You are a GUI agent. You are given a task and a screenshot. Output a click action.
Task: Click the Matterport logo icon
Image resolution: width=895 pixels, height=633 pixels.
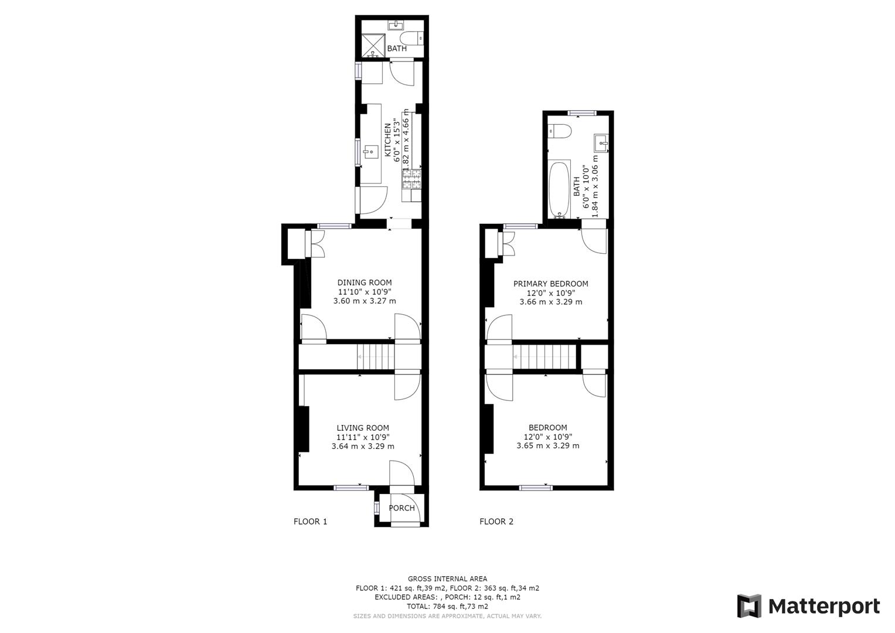coord(748,606)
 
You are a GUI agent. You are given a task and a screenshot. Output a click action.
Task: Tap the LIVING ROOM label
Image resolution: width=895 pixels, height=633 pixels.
coord(362,428)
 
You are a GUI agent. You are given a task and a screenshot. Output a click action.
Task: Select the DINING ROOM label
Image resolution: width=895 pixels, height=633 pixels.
coord(364,283)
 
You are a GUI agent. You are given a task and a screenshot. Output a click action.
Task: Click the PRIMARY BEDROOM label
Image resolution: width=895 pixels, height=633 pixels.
coord(550,284)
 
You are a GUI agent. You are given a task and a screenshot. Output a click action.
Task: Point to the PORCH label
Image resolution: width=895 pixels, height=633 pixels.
coord(401,508)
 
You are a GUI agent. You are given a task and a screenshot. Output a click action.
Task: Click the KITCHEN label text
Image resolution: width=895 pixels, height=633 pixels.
coord(387,139)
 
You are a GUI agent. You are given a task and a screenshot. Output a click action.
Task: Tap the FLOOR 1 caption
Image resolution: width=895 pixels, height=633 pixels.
coord(310,522)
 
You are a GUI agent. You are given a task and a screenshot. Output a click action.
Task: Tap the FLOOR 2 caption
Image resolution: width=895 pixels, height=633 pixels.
coord(496,522)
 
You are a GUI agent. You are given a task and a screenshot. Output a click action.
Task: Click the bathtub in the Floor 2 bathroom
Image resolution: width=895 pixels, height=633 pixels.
coord(559,189)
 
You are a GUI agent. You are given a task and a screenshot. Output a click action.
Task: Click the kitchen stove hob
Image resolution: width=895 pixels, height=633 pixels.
coord(412,179)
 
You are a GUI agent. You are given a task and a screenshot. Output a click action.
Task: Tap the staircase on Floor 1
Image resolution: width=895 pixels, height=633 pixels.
coord(375,356)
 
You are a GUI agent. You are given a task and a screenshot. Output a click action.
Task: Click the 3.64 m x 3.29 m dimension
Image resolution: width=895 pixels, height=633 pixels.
coord(362,446)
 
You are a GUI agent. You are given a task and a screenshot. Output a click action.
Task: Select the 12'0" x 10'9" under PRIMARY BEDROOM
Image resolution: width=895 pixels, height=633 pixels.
coord(550,293)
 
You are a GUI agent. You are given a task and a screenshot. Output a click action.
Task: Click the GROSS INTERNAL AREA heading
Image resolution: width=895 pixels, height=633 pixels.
coord(447,579)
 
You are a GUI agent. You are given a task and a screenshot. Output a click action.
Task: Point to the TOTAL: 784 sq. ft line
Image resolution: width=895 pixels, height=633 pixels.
coord(447,607)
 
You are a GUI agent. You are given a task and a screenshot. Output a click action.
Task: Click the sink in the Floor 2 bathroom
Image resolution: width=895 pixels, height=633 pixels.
coord(601,142)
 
